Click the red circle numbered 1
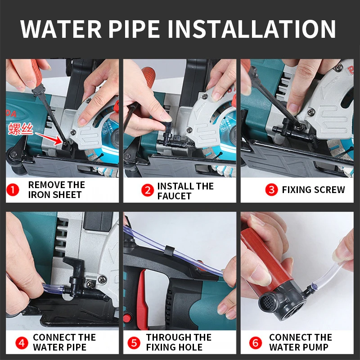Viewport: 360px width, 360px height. (x=13, y=190)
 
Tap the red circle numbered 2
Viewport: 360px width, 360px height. (x=148, y=190)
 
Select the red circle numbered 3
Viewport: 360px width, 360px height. (x=271, y=189)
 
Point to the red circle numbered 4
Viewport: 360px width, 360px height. (x=22, y=343)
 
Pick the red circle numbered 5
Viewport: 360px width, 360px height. (x=134, y=343)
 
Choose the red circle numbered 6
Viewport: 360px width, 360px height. (x=256, y=343)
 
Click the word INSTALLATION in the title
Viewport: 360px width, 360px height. (x=252, y=29)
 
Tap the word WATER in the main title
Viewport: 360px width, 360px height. (x=61, y=29)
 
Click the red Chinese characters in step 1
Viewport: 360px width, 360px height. (x=21, y=129)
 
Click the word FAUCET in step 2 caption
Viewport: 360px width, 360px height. (x=174, y=196)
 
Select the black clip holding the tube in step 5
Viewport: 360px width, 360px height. (x=170, y=251)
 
